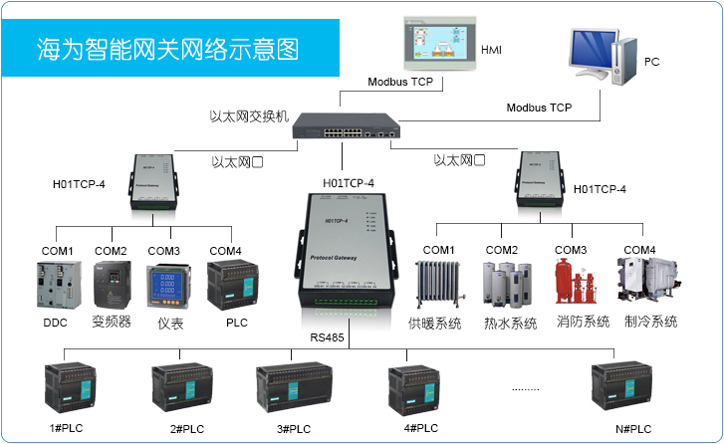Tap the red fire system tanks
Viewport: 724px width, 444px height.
tap(571, 285)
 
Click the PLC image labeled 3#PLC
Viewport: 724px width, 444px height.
tap(291, 387)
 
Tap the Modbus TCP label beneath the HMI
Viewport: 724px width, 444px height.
tap(400, 84)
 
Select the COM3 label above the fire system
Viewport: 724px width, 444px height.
tap(571, 250)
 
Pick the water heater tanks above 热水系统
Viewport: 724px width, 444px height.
tap(503, 288)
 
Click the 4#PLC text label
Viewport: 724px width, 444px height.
tap(421, 428)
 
